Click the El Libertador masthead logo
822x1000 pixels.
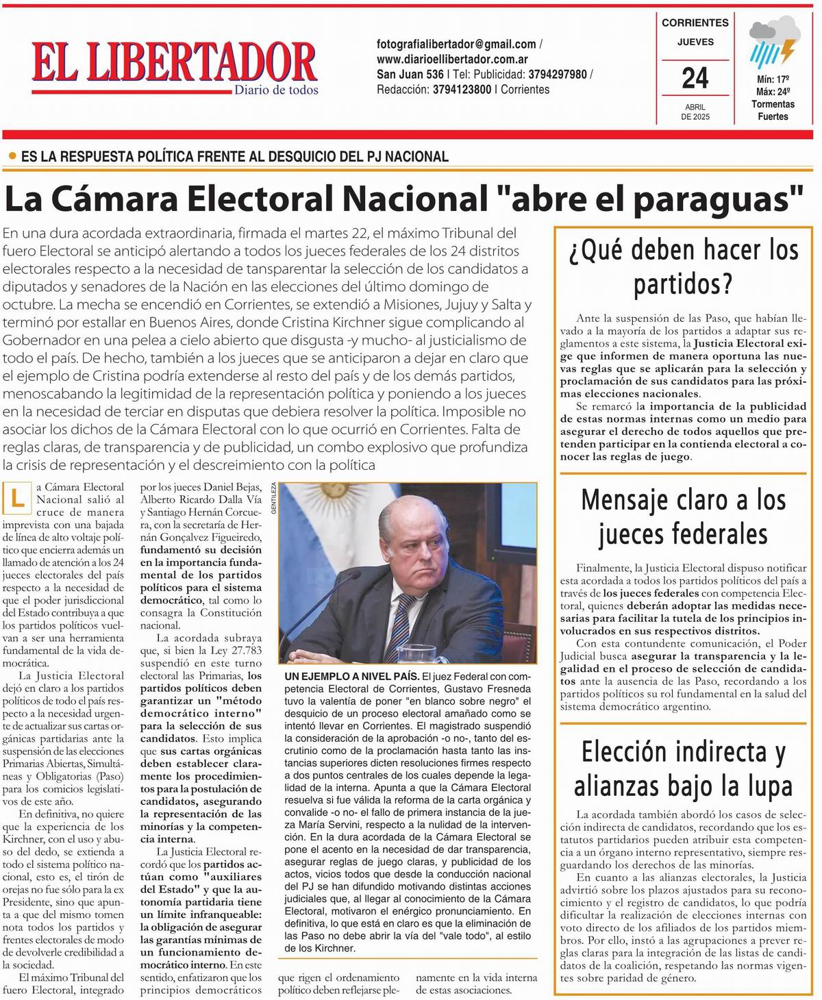(175, 63)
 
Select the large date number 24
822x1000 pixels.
(695, 78)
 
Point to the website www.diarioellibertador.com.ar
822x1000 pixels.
(452, 60)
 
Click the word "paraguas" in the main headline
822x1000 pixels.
(719, 199)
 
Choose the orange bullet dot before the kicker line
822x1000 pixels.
(12, 156)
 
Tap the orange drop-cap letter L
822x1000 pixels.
(17, 499)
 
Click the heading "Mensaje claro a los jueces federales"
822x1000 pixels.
(683, 516)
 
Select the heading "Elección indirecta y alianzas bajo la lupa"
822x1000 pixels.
(683, 768)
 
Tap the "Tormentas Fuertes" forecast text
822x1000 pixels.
(773, 110)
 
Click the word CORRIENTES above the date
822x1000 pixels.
(695, 23)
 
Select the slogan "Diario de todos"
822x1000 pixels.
(276, 90)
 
